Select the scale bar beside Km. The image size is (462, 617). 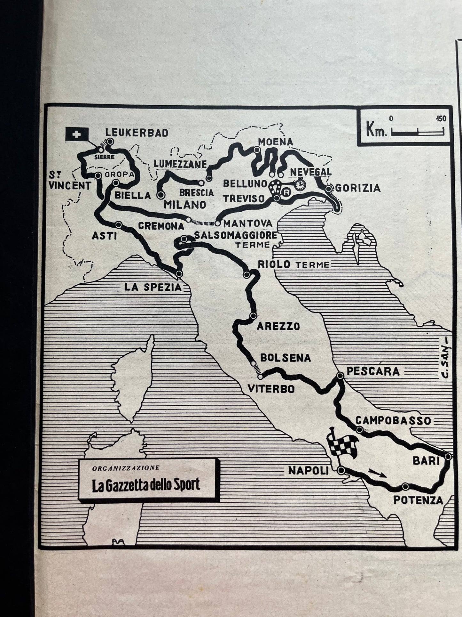tap(418, 131)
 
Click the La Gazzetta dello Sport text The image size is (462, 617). tap(146, 485)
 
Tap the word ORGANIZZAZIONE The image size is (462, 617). tap(126, 468)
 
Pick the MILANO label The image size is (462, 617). tap(185, 204)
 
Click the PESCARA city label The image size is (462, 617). tap(373, 371)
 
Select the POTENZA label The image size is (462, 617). tap(418, 500)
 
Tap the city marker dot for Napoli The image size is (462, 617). tap(341, 470)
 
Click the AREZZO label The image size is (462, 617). tap(278, 326)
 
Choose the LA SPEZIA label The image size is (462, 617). tap(153, 287)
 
